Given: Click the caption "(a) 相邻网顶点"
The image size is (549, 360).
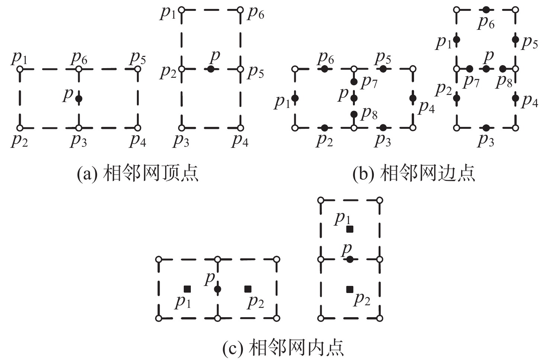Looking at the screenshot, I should (138, 173).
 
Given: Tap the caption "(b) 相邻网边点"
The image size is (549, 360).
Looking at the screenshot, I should (414, 173).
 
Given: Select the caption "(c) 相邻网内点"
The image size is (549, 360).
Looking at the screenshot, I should (283, 347).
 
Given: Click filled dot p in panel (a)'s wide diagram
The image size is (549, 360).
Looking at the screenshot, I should (78, 99).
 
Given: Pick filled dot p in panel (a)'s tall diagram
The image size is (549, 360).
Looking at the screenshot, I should (211, 69).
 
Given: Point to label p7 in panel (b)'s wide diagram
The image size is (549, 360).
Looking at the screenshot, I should (369, 82).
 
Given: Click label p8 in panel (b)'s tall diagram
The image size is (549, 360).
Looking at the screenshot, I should (504, 81).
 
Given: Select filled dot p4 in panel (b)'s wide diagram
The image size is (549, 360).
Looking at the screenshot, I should (413, 98).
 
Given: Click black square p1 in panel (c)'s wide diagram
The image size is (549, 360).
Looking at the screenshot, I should (187, 289).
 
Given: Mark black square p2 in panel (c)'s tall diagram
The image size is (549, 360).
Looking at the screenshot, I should (350, 289).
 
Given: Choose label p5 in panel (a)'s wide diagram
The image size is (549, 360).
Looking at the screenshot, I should (138, 58).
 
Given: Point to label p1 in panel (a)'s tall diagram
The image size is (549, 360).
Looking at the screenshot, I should (168, 13).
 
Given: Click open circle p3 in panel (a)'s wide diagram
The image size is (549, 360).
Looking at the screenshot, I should (79, 128).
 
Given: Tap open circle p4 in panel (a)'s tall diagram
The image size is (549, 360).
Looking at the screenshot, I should (240, 128).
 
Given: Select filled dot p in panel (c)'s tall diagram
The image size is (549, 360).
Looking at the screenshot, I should (350, 259).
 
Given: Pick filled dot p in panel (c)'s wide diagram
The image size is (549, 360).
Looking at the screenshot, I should (218, 289).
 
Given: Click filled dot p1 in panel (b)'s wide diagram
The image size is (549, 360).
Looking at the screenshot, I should (295, 98).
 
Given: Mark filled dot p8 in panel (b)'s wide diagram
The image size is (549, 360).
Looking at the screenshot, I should (354, 114).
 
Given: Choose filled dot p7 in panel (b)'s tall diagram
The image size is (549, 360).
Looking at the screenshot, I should (469, 69).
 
